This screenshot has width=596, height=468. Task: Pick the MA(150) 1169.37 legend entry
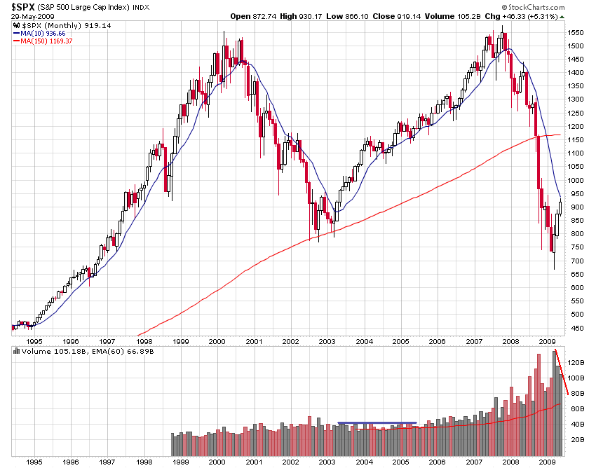pyautogui.click(x=46, y=41)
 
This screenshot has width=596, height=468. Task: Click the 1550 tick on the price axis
pyautogui.click(x=577, y=33)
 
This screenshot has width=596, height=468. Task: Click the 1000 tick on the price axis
pyautogui.click(x=577, y=181)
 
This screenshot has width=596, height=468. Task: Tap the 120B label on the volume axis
pyautogui.click(x=577, y=362)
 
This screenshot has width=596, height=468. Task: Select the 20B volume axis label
pyautogui.click(x=576, y=439)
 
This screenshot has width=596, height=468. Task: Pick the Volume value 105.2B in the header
pyautogui.click(x=461, y=15)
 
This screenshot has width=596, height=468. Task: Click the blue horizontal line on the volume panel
pyautogui.click(x=377, y=422)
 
